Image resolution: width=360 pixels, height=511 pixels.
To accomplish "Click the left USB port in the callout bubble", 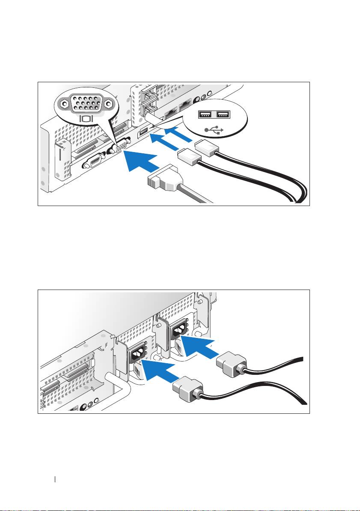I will pyautogui.click(x=205, y=114).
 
